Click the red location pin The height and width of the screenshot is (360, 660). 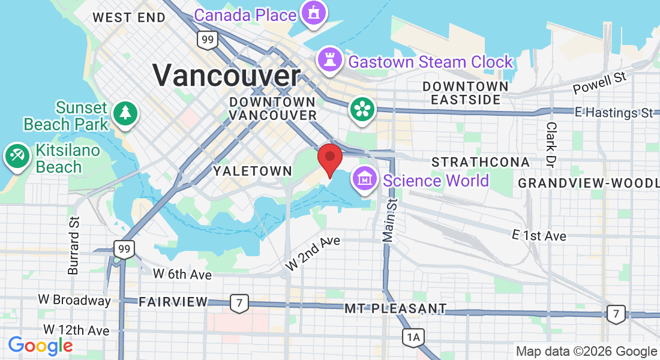point(329,158)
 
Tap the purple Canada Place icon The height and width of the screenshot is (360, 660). point(313,13)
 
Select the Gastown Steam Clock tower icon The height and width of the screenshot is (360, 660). point(329,60)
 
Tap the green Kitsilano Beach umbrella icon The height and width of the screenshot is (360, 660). point(16,157)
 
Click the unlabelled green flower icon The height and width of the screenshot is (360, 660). point(363,109)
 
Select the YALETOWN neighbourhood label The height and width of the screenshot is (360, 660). point(253,171)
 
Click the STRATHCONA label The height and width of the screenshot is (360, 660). point(481,162)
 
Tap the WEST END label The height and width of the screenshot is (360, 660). point(128,17)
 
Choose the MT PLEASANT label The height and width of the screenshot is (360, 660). point(395,309)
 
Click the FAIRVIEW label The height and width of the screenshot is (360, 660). point(173,302)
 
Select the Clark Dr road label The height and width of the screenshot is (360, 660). point(550,145)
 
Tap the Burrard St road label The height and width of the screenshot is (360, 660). point(74,245)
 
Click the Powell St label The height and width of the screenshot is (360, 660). point(599,83)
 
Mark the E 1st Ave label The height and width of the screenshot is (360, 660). point(539,236)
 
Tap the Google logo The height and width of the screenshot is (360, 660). point(40,346)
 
